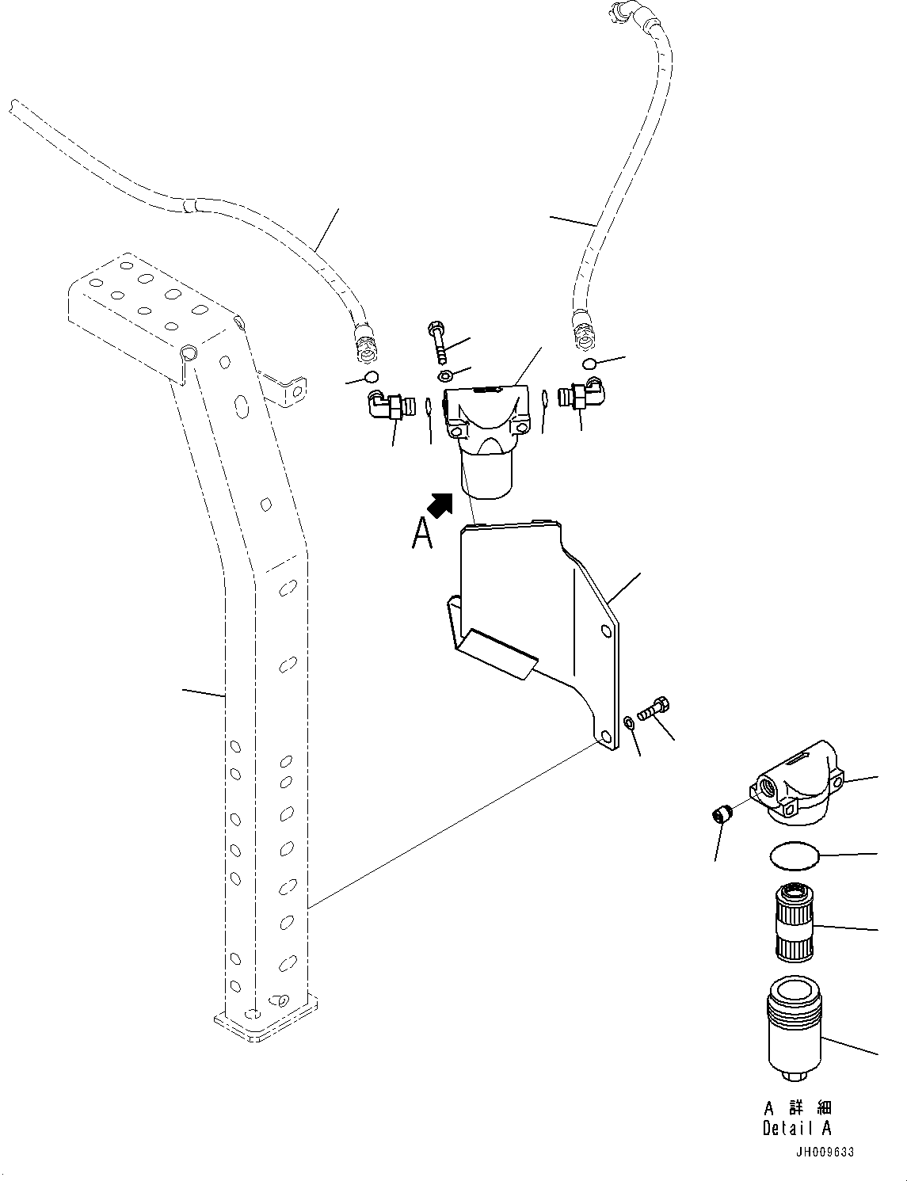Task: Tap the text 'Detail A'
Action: [x=796, y=1129]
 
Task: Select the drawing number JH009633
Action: [x=825, y=1152]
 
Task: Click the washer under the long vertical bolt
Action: [x=445, y=375]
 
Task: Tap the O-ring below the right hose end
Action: [x=589, y=364]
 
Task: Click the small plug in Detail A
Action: [x=721, y=815]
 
